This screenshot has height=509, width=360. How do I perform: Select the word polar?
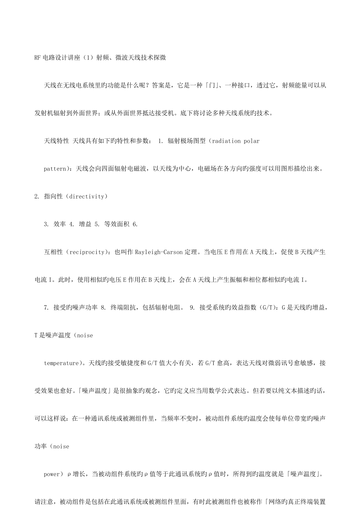(252, 141)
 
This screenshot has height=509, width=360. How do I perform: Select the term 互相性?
(54, 252)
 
